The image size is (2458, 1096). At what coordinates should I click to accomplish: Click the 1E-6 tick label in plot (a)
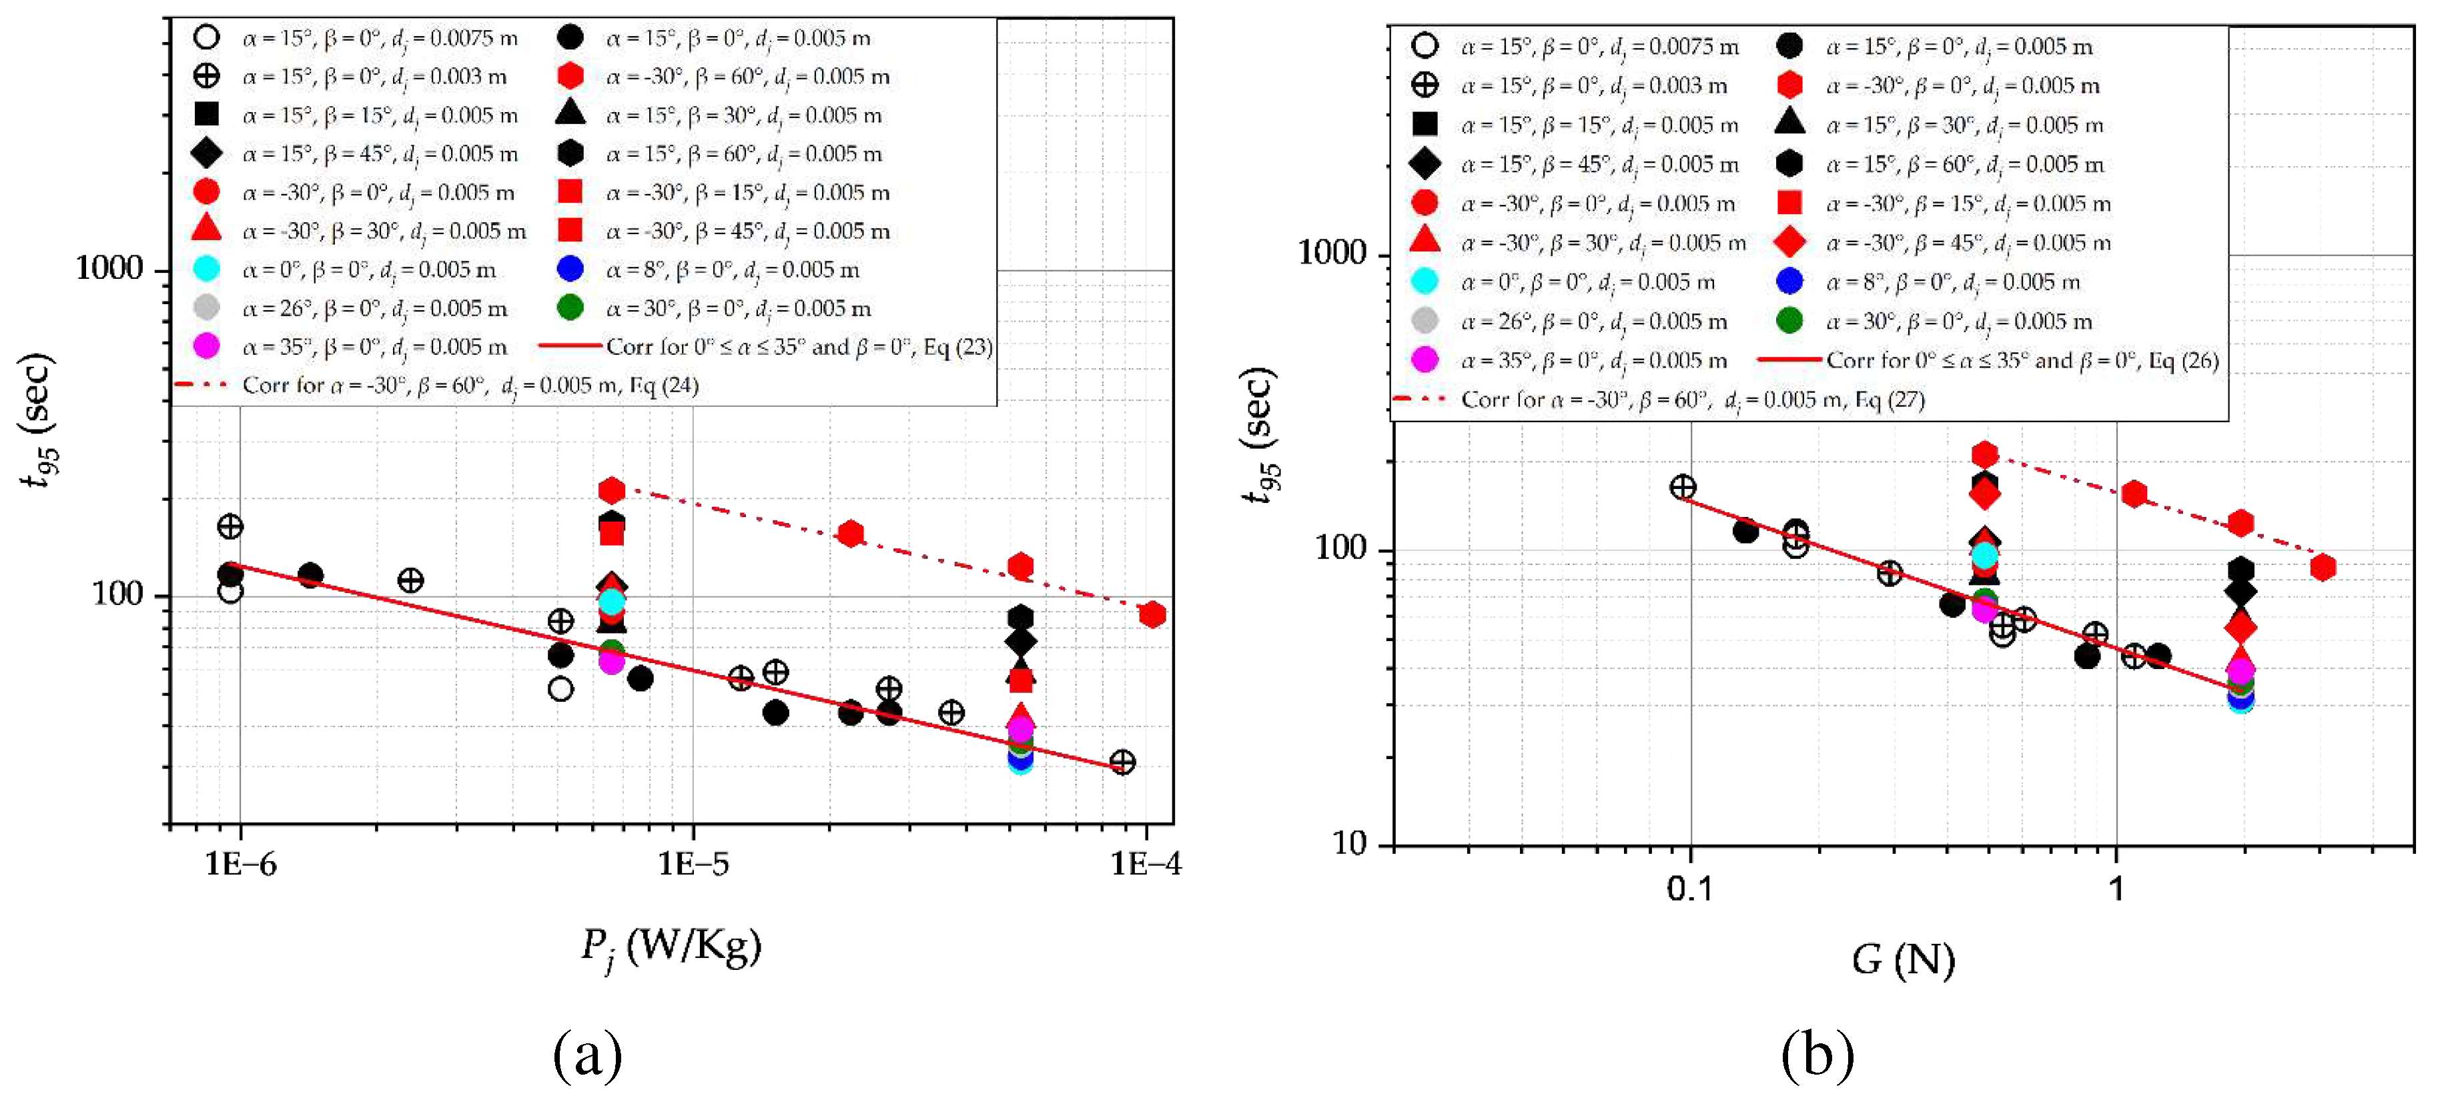(240, 865)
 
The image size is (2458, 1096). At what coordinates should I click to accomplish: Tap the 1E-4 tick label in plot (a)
(1145, 865)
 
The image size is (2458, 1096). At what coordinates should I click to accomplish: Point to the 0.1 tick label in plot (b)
(1690, 889)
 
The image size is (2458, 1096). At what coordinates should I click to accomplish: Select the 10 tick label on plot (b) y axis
(1348, 843)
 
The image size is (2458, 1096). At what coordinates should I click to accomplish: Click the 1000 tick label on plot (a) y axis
(109, 268)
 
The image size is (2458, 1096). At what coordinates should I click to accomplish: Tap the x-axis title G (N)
(1904, 960)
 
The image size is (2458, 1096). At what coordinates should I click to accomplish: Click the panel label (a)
(588, 1054)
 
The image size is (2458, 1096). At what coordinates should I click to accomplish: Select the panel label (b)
(1817, 1054)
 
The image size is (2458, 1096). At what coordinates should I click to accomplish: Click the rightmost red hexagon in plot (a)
(1152, 615)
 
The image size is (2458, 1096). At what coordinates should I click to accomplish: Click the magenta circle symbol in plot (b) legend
(1424, 360)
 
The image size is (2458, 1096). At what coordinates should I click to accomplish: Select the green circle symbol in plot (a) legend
(570, 308)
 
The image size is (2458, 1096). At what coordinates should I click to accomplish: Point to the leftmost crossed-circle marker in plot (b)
(1682, 488)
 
